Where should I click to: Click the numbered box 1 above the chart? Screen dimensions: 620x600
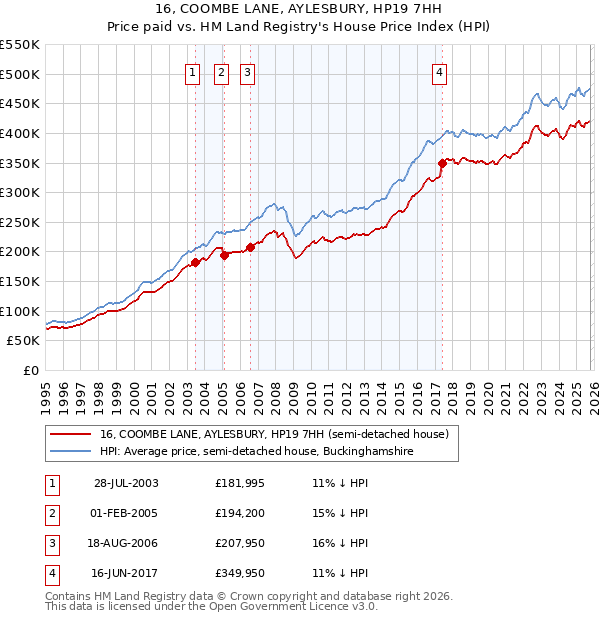[x=192, y=71]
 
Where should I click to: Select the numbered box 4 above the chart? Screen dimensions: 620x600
[x=440, y=71]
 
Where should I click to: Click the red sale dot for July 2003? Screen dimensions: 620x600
[x=196, y=262]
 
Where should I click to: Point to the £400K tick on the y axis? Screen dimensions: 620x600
[x=21, y=133]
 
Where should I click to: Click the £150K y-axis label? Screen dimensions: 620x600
[x=21, y=281]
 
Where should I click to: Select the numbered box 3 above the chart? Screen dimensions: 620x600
[x=247, y=71]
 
